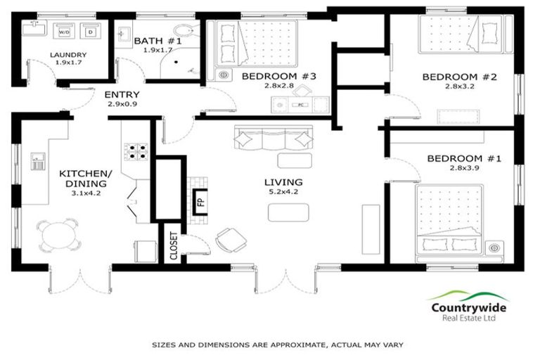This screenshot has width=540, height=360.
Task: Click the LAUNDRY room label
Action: point(69,55)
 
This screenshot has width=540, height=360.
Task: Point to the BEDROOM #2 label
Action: point(459,77)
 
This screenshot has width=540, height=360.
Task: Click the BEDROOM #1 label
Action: point(465,159)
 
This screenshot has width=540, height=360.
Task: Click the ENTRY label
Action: point(122,94)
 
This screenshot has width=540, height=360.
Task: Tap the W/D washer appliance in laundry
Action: point(64,32)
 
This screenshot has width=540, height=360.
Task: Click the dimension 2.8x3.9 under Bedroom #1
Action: point(465,169)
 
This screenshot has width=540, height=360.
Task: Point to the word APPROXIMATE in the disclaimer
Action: point(274,345)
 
